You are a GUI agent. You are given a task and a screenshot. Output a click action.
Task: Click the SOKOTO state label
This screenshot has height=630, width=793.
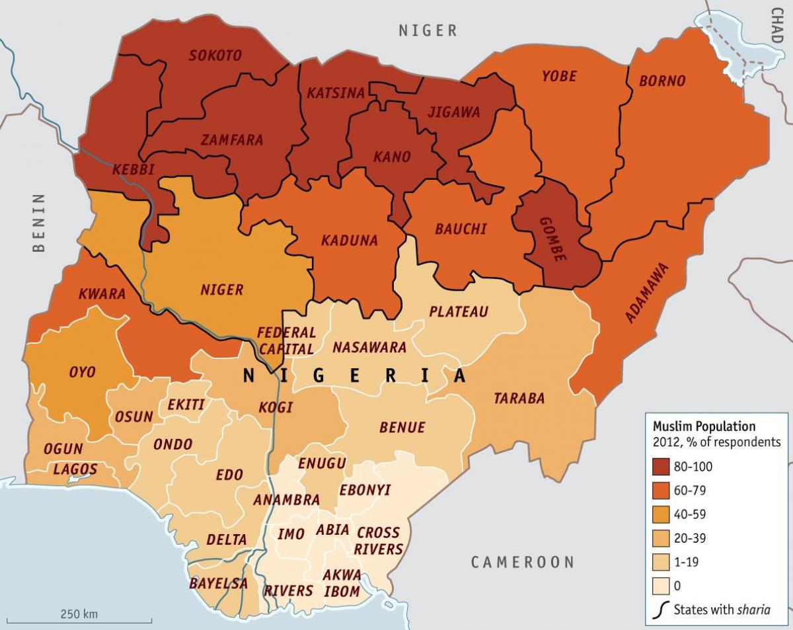point(215,56)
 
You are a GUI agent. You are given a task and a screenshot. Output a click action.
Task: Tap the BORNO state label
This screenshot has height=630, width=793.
point(662,81)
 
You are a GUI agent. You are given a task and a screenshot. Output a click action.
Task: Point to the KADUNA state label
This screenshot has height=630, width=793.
point(350,241)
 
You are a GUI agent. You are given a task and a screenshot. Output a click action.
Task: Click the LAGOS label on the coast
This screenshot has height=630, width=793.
point(75,470)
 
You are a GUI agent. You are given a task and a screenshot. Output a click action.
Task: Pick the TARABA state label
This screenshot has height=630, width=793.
point(519,398)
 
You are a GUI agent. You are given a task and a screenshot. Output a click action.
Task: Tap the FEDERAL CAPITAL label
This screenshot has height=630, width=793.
point(286,340)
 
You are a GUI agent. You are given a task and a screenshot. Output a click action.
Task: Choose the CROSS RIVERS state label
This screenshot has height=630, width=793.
point(378,541)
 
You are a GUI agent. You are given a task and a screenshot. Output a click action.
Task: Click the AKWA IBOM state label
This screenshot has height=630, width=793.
point(342,582)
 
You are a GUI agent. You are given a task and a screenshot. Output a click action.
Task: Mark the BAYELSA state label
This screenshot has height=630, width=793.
point(218,584)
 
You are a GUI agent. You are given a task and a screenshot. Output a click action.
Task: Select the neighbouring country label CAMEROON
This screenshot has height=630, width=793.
point(522,563)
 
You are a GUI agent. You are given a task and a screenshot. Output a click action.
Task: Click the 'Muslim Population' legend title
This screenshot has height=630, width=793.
point(704,426)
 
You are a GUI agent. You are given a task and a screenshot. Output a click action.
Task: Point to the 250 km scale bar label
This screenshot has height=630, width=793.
point(79,614)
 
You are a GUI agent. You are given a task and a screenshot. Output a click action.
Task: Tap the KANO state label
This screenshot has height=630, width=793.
point(392,157)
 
